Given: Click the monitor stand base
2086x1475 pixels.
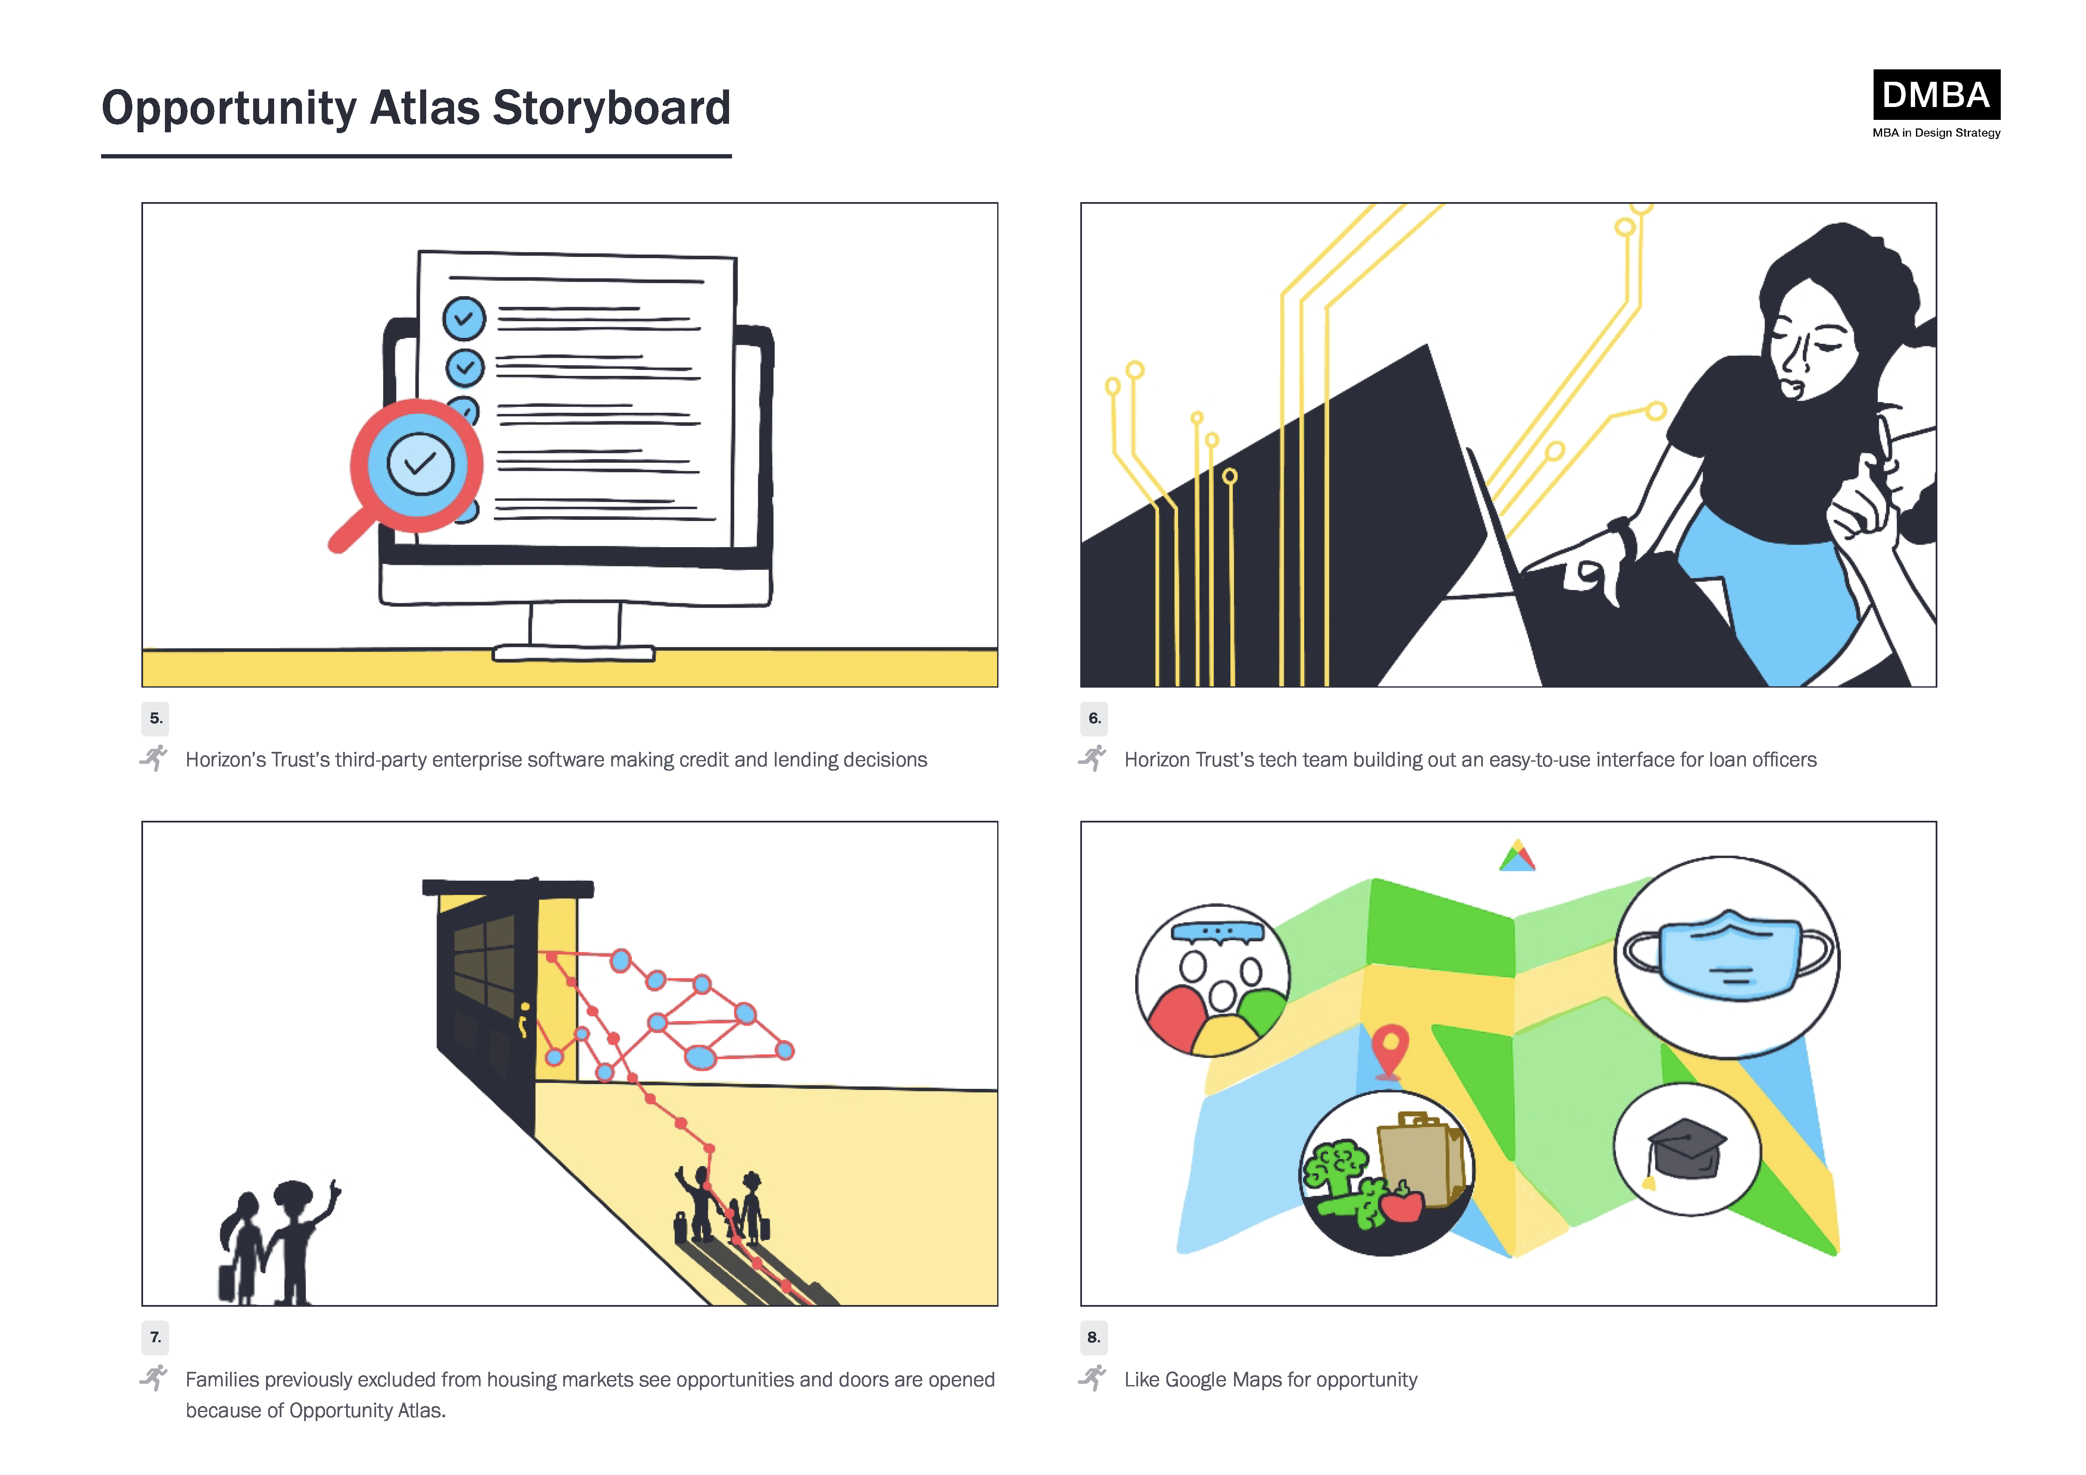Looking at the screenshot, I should point(573,653).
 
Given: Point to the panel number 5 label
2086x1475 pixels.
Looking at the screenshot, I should point(155,718).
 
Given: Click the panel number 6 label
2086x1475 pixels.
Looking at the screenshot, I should point(1094,718).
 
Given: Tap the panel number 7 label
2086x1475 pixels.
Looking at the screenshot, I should point(155,1337).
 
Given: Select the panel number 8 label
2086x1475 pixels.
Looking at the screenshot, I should point(1094,1337).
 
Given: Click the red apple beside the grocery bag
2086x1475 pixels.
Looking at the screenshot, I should point(1402,1205).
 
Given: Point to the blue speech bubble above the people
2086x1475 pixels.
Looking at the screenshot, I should point(1217,932).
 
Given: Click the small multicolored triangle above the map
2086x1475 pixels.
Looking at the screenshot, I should point(1517,856).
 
